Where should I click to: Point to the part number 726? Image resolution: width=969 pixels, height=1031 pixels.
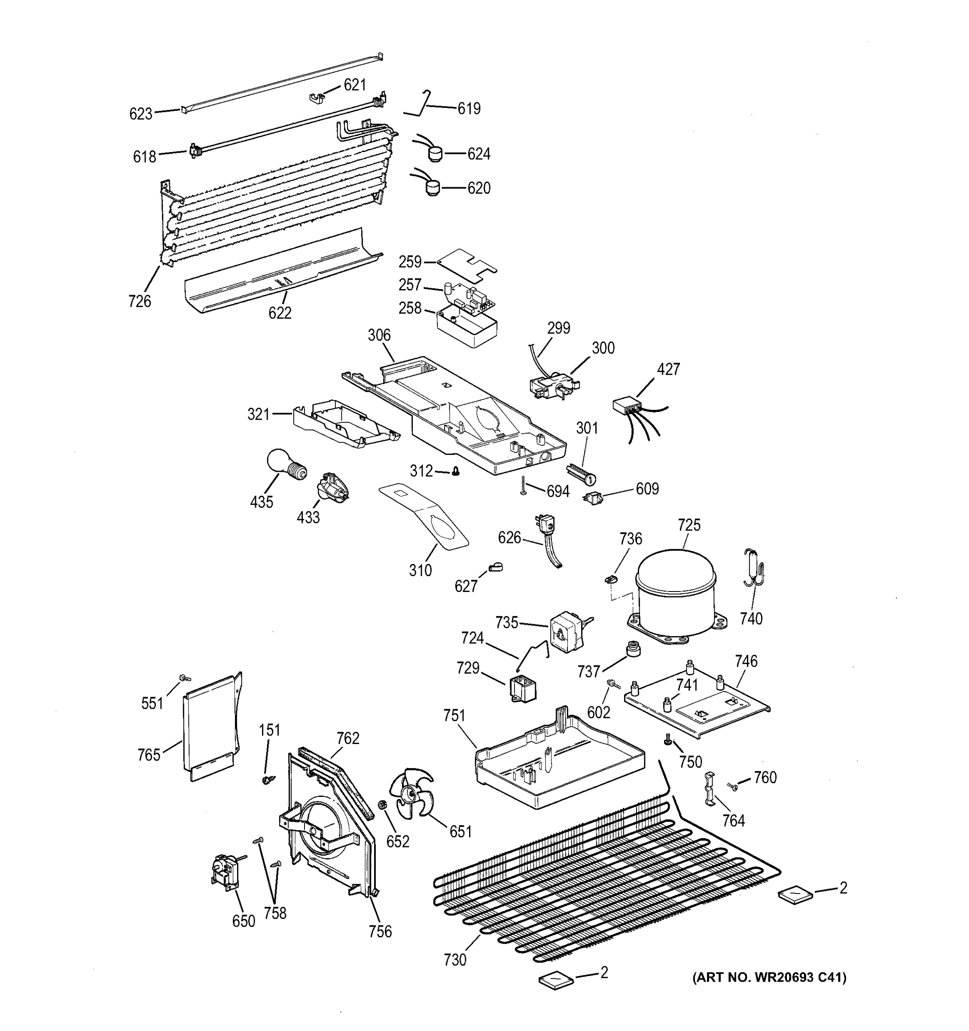140,301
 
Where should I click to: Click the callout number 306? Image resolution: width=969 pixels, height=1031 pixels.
379,335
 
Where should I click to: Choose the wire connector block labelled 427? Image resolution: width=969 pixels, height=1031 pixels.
625,405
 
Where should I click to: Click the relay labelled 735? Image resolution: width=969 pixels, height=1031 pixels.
566,631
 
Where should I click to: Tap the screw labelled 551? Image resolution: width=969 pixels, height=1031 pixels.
185,678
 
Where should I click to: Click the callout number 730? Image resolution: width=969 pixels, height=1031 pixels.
455,960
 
